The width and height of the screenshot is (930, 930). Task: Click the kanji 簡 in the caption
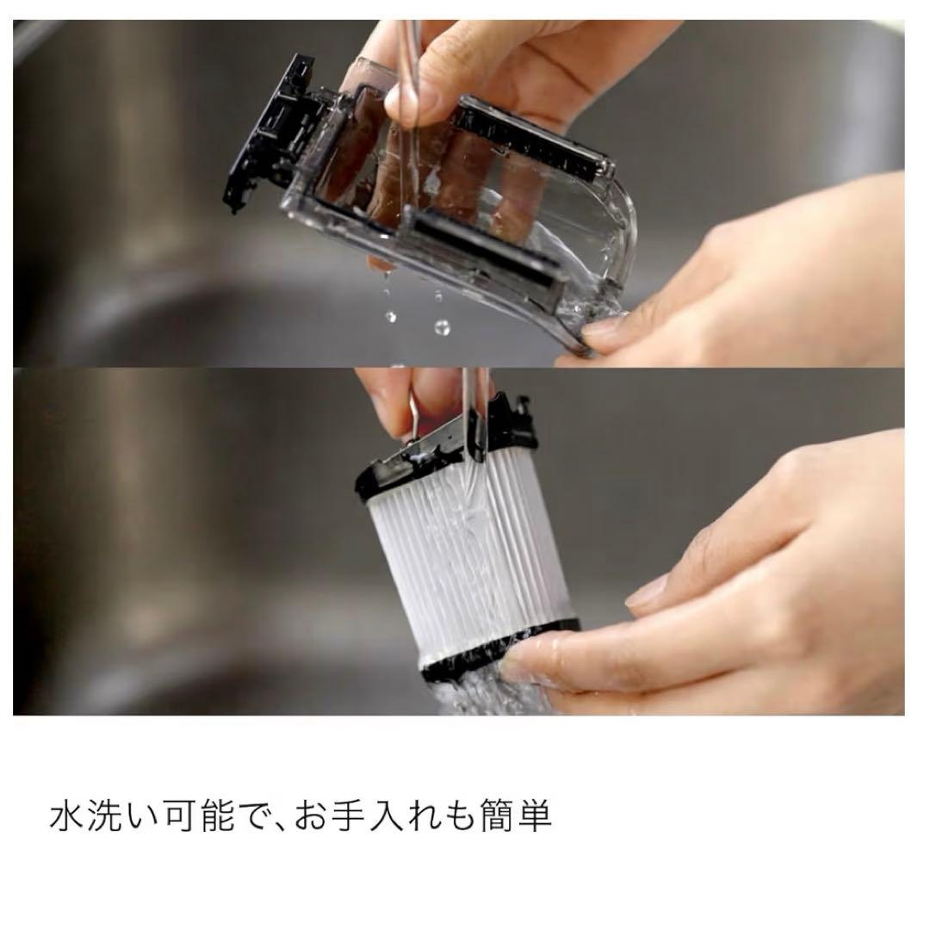tap(527, 817)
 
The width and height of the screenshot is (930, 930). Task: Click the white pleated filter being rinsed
tap(431, 568)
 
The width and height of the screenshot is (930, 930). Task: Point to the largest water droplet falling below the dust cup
tap(442, 327)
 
